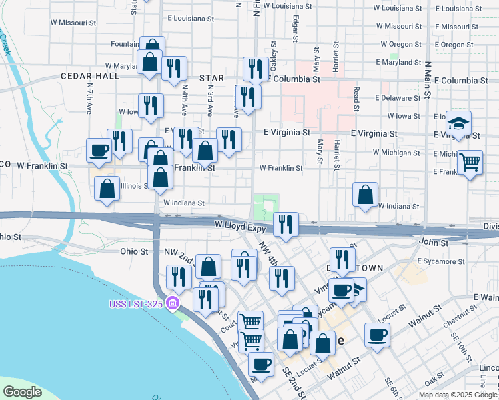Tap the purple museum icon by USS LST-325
tap(173, 304)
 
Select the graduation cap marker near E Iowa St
tap(458, 123)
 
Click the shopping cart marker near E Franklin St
tap(470, 162)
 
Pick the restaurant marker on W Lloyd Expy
tap(285, 224)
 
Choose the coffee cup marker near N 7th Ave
tap(99, 151)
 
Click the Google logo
tap(22, 392)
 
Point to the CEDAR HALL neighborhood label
tap(89, 77)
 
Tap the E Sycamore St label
tap(439, 261)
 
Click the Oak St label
tap(434, 381)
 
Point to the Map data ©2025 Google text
tap(458, 395)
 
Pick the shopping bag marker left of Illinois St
tap(107, 189)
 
